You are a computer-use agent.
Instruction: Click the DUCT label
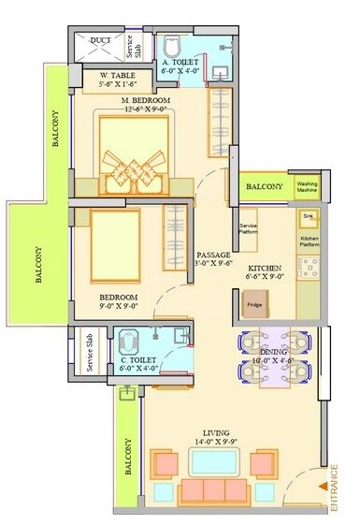[x=100, y=41]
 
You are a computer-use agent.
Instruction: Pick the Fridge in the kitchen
[x=254, y=304]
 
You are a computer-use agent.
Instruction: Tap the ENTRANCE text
[x=334, y=488]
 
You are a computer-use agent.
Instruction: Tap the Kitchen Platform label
[x=310, y=241]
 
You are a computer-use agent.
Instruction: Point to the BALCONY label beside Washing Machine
[x=265, y=187]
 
